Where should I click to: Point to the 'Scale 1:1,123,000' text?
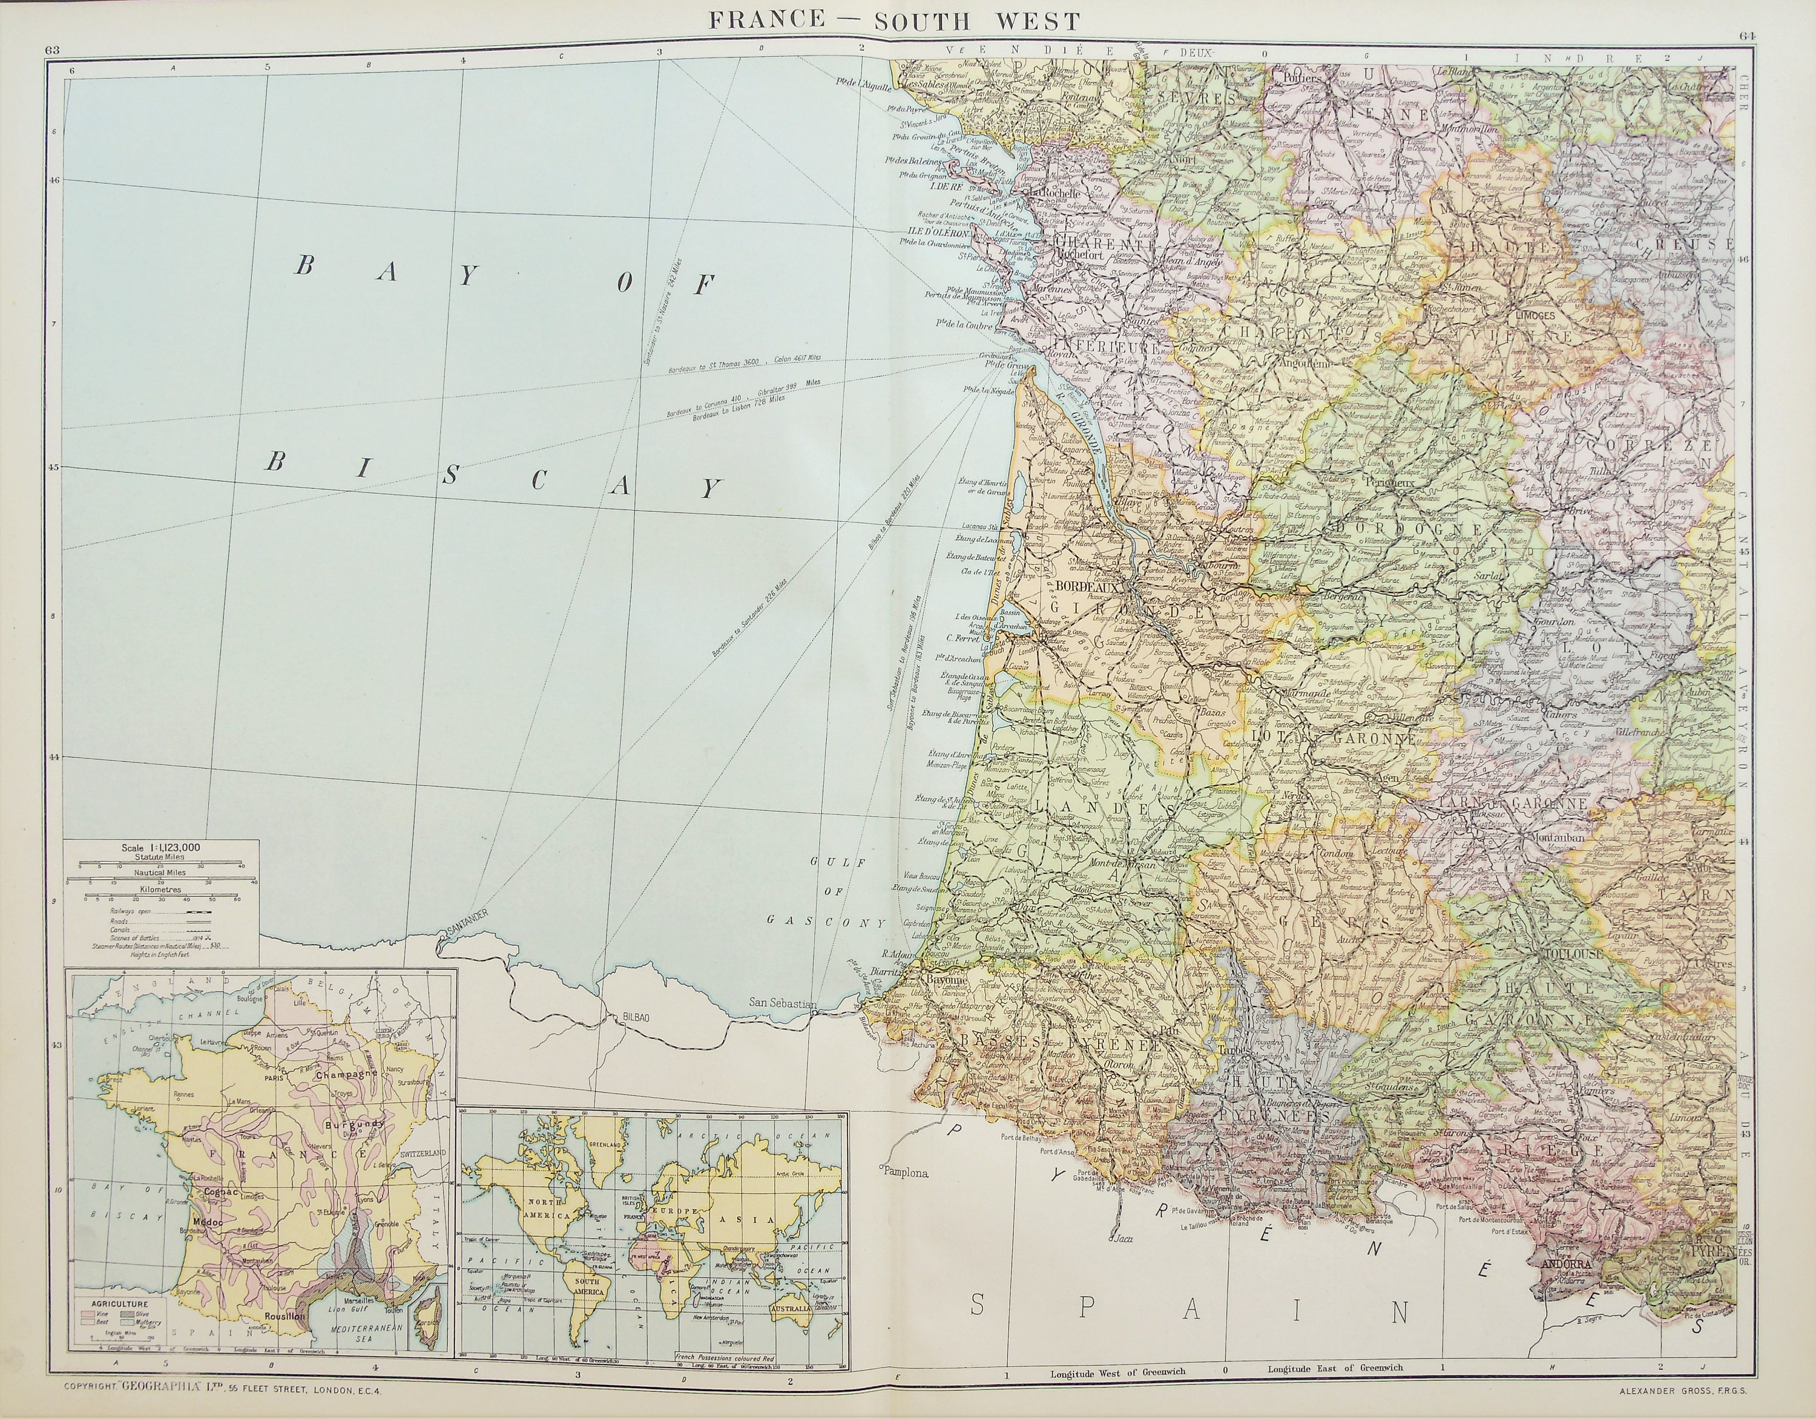click(160, 847)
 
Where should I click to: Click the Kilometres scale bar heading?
click(160, 890)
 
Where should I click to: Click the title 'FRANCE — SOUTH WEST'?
click(894, 21)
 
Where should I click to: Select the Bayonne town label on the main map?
click(949, 982)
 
